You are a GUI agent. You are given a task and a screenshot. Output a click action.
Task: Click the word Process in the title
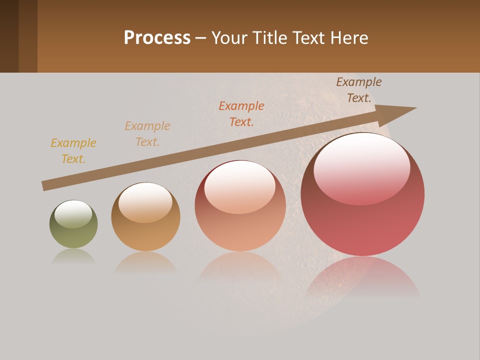pyautogui.click(x=157, y=37)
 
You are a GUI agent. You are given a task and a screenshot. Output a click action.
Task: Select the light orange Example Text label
pyautogui.click(x=147, y=134)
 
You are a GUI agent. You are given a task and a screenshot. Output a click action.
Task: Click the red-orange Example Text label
pyautogui.click(x=241, y=114)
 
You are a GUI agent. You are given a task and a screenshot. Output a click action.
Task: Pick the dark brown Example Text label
pyautogui.click(x=359, y=90)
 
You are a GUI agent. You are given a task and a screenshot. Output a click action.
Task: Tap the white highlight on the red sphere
pyautogui.click(x=361, y=167)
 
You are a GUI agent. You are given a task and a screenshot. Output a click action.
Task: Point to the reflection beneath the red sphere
pyautogui.click(x=362, y=277)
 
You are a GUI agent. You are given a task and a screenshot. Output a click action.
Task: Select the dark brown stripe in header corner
pyautogui.click(x=9, y=36)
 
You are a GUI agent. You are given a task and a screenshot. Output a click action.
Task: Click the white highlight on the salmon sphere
pyautogui.click(x=239, y=186)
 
